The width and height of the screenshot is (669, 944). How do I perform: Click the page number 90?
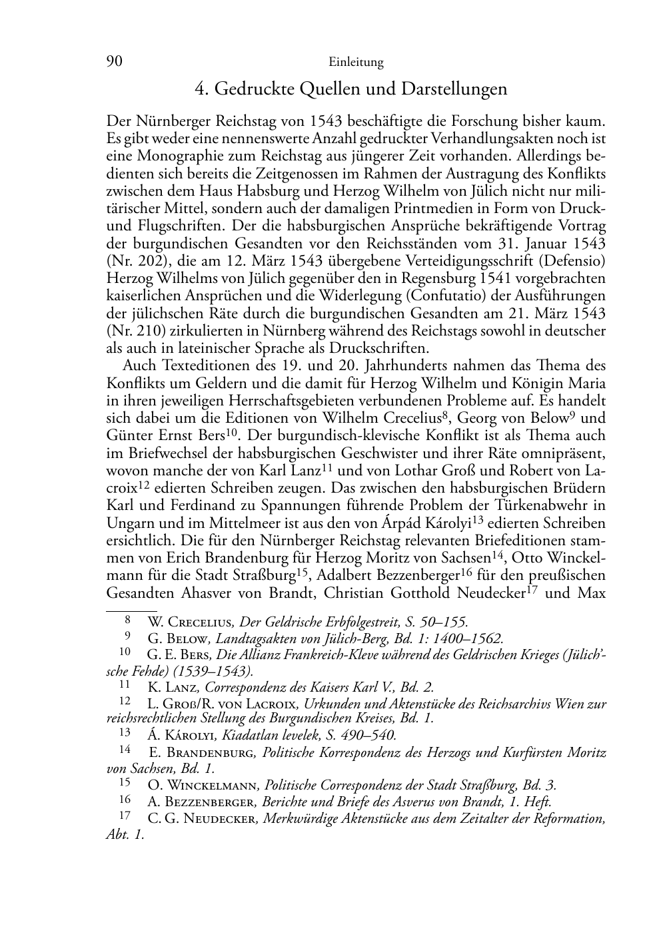pyautogui.click(x=114, y=62)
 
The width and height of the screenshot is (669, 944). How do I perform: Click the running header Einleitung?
pyautogui.click(x=356, y=63)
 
